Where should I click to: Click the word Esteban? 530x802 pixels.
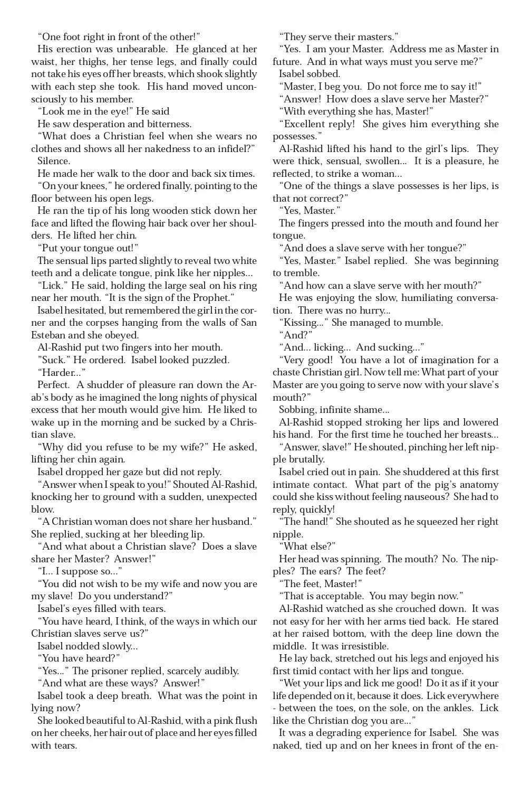point(50,335)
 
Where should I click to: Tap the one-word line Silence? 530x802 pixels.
point(54,161)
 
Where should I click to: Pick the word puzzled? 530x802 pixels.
point(210,360)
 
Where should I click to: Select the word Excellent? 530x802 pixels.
point(304,124)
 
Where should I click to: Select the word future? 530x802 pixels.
point(286,62)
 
